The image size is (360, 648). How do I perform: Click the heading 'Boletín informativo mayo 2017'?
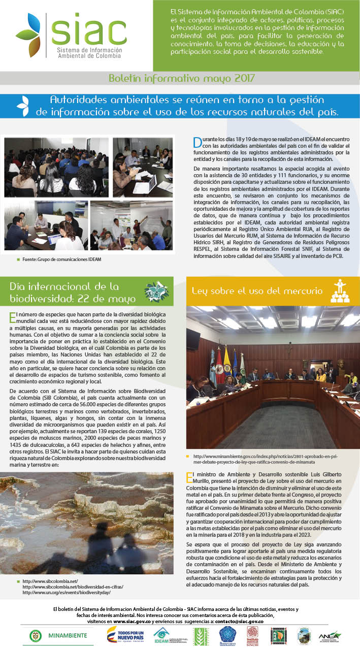[x=181, y=78]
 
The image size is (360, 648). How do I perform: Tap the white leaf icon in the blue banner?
[x=22, y=106]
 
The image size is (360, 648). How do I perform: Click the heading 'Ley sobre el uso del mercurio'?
[x=257, y=291]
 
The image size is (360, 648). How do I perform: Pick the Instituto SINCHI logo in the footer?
[x=252, y=635]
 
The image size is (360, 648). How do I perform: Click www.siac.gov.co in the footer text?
[x=132, y=621]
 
